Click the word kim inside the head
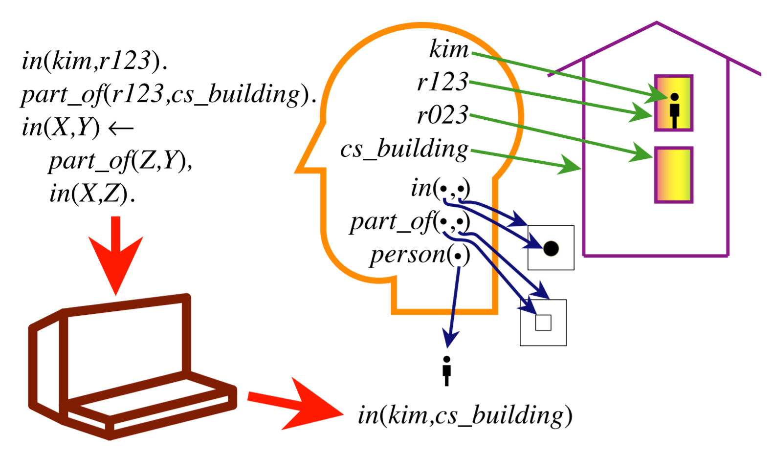coord(448,50)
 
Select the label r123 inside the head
coord(442,82)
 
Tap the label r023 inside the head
coord(442,115)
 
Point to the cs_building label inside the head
coord(404,149)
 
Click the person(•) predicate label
coord(420,255)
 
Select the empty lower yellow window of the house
coord(674,175)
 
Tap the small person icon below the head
coord(446,371)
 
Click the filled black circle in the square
coord(551,248)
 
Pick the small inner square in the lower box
coord(543,323)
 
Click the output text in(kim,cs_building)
coord(464,416)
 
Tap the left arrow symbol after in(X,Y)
coord(120,129)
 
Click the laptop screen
coord(125,348)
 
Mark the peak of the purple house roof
coord(656,23)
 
